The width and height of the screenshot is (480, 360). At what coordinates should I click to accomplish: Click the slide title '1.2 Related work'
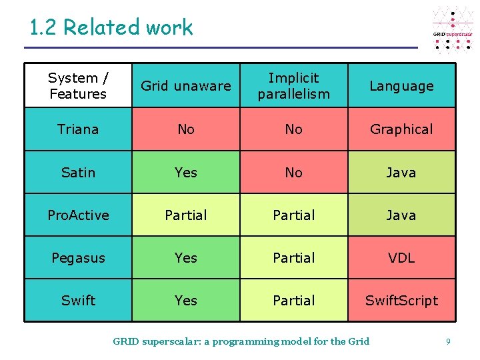111,27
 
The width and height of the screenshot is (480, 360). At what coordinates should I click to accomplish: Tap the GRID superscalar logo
453,31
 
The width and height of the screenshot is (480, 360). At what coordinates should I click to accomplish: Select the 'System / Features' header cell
78,86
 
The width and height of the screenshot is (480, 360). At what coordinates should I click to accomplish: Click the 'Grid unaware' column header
186,86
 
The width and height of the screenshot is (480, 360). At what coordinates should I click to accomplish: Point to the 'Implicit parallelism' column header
293,86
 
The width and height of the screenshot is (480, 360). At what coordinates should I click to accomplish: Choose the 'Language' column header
401,86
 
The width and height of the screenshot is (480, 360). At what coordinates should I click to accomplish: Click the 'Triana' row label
78,129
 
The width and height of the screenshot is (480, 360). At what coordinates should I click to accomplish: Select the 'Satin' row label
78,173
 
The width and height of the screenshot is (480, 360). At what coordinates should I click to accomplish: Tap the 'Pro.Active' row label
78,215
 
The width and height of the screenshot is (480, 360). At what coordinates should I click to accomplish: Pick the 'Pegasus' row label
78,258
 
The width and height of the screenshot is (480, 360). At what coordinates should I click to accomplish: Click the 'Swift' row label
78,301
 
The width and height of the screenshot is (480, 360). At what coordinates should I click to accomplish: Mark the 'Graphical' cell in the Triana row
401,129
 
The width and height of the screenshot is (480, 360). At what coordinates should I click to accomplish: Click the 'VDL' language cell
401,258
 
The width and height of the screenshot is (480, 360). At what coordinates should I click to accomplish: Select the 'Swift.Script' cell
401,301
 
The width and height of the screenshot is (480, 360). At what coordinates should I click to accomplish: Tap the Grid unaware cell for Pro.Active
186,215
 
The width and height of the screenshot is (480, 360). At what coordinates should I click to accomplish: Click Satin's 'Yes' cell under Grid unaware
186,173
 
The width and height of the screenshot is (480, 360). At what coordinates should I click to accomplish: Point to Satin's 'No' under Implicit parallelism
293,173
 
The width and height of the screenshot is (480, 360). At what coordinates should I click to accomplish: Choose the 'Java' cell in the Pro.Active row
401,215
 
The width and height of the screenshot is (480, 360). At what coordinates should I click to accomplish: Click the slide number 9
448,342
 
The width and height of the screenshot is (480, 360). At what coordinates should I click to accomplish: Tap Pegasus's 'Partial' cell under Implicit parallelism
293,258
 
